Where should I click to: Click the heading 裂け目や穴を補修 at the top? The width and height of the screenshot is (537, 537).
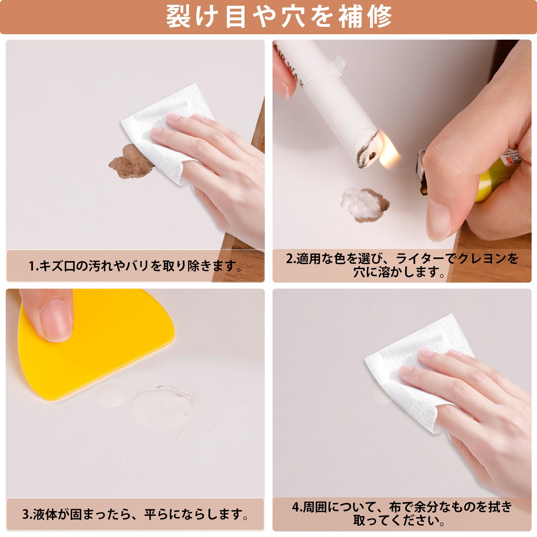pyautogui.click(x=279, y=17)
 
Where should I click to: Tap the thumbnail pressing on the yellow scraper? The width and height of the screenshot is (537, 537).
pyautogui.click(x=55, y=321)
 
